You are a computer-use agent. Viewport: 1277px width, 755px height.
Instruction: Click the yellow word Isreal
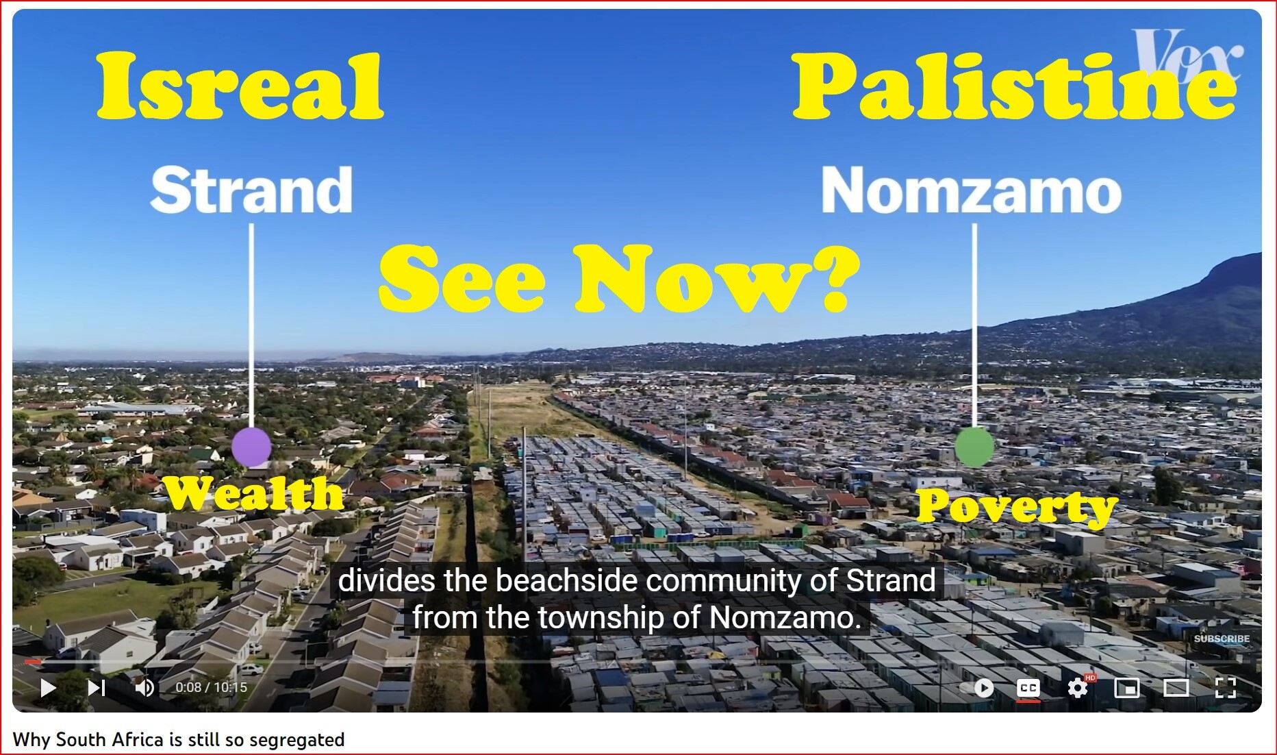(240, 86)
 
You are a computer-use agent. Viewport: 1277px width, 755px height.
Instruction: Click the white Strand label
(251, 190)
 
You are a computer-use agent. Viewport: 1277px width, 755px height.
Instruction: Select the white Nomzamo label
(971, 190)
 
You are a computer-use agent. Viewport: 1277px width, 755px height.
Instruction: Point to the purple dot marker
(251, 447)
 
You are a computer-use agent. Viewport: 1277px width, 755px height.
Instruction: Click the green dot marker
(974, 447)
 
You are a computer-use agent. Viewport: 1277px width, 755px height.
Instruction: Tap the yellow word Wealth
(253, 493)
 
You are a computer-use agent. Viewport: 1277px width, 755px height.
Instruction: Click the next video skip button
(97, 687)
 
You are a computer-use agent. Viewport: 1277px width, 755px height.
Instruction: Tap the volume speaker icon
(144, 687)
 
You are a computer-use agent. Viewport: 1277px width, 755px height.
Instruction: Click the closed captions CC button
(1028, 687)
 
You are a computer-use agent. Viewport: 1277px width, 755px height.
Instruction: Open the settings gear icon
(1078, 687)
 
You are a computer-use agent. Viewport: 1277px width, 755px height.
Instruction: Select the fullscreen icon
(1225, 687)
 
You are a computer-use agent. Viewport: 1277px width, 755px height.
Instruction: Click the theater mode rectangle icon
(1176, 687)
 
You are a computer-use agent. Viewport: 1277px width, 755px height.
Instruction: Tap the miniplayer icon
(1127, 687)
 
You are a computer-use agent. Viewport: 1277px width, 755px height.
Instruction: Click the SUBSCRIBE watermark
(1222, 639)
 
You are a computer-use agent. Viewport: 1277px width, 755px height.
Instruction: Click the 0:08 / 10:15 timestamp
(211, 687)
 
